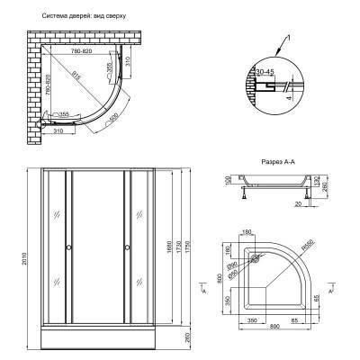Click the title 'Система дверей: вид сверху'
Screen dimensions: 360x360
point(84,16)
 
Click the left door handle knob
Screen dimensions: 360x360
point(67,248)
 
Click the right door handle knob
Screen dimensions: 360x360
point(128,248)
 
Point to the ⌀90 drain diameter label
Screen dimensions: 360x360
point(231,264)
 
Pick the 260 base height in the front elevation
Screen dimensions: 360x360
point(185,337)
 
